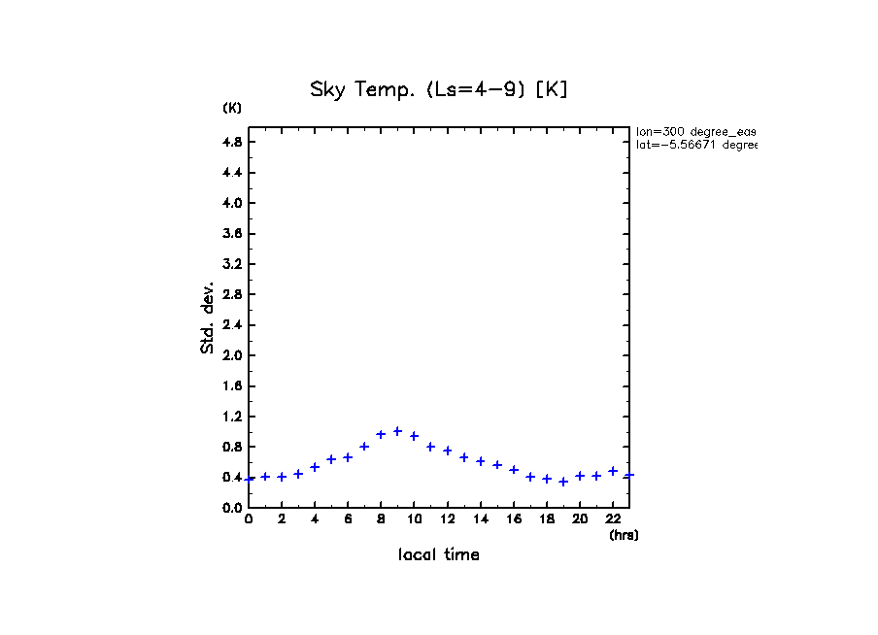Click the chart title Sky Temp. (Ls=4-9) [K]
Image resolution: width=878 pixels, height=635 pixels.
438,90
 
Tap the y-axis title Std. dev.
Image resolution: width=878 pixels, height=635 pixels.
208,317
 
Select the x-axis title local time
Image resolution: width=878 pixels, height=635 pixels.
438,555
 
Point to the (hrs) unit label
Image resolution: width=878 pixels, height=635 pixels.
624,535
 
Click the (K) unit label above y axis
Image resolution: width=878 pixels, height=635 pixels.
232,108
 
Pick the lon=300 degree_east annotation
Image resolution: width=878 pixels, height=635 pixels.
695,131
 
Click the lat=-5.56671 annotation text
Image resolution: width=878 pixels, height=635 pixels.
695,145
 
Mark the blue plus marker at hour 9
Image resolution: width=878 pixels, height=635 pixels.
397,431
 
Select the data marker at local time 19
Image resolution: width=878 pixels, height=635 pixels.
563,482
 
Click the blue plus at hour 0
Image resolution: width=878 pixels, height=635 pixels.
250,479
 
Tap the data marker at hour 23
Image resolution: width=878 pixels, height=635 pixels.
629,475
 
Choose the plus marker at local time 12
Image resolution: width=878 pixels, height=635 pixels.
448,451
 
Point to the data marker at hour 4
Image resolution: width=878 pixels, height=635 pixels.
315,467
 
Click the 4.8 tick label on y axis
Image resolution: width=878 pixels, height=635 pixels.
233,142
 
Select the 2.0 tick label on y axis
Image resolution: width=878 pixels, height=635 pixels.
233,355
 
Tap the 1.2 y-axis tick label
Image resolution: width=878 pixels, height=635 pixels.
233,417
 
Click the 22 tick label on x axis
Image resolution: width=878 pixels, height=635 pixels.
613,519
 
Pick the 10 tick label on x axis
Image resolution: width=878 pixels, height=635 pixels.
414,519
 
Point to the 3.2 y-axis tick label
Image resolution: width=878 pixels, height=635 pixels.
233,264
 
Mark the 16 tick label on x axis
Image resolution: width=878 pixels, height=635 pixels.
514,519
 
